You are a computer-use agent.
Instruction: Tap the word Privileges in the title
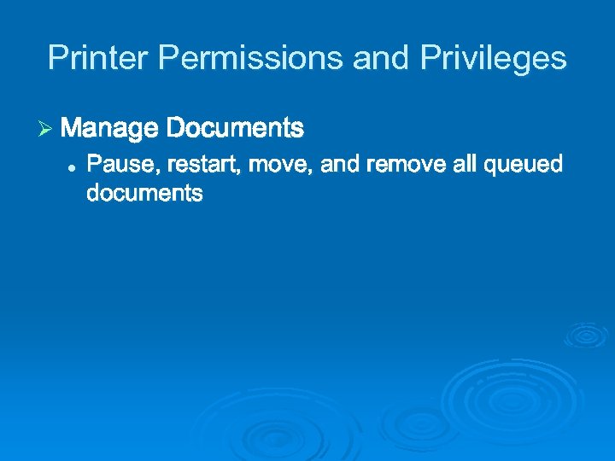coord(493,58)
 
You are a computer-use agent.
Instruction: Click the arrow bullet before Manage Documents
coord(46,129)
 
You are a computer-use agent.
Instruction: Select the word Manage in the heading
coord(110,129)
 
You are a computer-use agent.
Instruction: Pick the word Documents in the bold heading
coord(235,129)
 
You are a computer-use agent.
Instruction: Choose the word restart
coord(202,164)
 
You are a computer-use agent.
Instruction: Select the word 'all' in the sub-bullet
coord(465,164)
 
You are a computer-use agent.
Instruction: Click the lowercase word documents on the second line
coord(144,194)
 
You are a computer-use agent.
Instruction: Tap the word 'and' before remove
coord(340,164)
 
